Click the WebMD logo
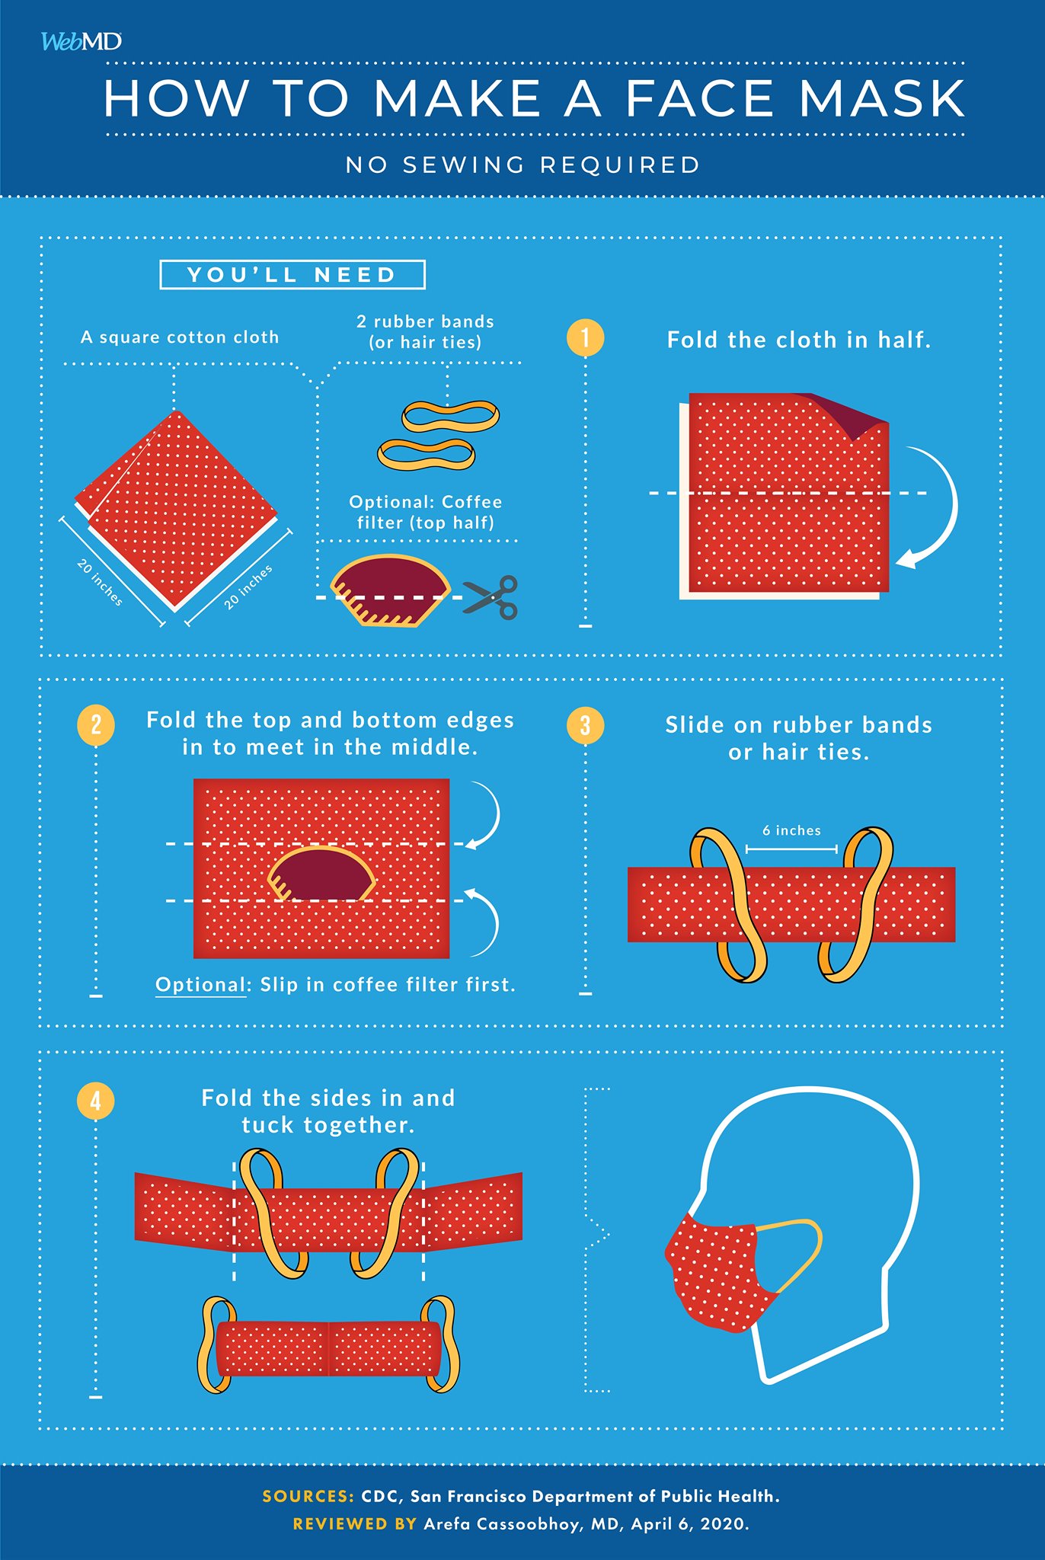tap(81, 41)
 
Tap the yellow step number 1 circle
tap(585, 337)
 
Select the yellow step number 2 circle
tap(96, 724)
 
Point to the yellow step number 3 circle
tap(585, 725)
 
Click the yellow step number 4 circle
tap(96, 1101)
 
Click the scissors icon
tap(491, 597)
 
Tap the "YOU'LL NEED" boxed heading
tap(292, 275)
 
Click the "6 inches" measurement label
tap(792, 830)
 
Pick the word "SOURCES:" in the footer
tap(308, 1496)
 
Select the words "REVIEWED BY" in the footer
tap(355, 1523)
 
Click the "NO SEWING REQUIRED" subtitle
tap(522, 165)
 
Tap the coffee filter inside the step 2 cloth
tap(321, 874)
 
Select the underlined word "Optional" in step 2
tap(201, 985)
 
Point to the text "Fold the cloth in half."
tap(799, 340)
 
